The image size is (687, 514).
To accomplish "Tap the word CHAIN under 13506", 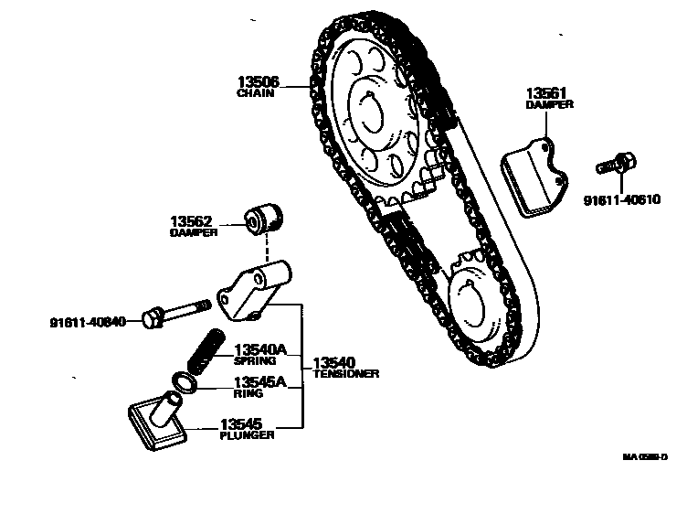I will tap(256, 93).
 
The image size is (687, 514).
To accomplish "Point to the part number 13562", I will tap(192, 220).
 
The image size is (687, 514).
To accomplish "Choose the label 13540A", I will tap(260, 349).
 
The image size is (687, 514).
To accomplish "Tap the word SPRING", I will tap(254, 361).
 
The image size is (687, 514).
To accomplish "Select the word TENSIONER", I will tap(345, 374).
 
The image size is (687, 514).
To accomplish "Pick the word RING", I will tap(248, 394).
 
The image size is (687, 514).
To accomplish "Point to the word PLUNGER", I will tap(246, 435).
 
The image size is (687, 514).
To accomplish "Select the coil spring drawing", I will tap(206, 348).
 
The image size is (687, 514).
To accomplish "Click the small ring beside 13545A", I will tap(184, 381).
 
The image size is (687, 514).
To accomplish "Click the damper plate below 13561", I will tap(533, 178).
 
